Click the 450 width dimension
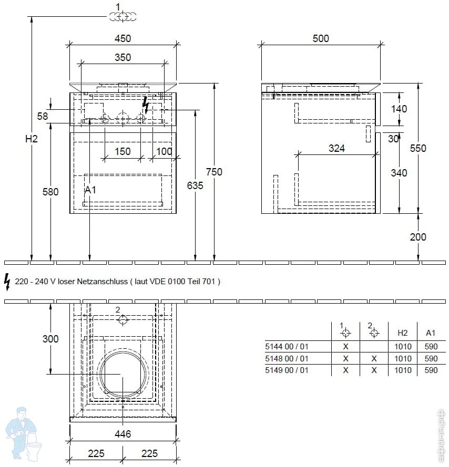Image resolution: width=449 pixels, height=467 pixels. coord(123,38)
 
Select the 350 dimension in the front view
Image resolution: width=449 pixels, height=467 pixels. coord(123,57)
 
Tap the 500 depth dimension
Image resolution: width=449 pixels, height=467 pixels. coord(321,38)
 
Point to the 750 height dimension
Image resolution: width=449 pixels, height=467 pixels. coord(214,172)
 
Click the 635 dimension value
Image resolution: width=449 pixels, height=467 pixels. coord(195,185)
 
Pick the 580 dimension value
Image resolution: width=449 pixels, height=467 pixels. coord(50,192)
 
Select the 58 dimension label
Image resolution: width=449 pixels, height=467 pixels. coord(43,116)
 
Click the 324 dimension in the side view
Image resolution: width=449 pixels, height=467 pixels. coord(336,148)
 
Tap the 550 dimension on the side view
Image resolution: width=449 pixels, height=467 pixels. coord(418,148)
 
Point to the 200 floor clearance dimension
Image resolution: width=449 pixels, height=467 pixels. coord(418,237)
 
